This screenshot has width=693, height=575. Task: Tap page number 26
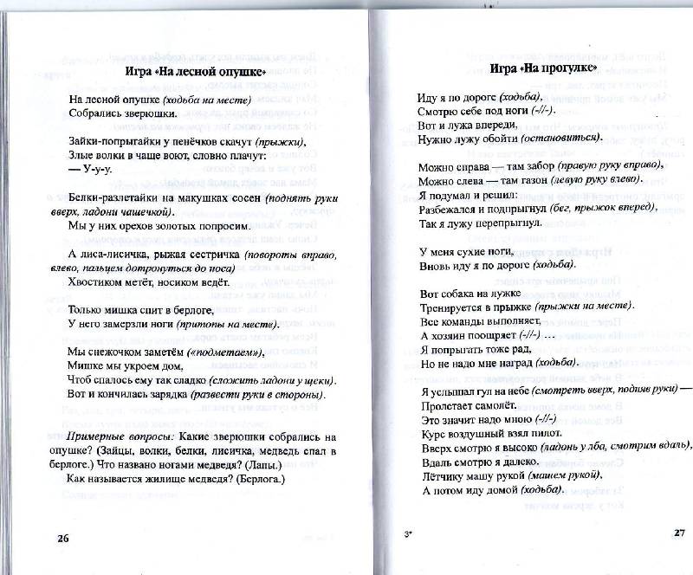point(62,538)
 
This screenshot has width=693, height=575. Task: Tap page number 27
point(678,532)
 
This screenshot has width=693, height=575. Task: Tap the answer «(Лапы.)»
point(255,463)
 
